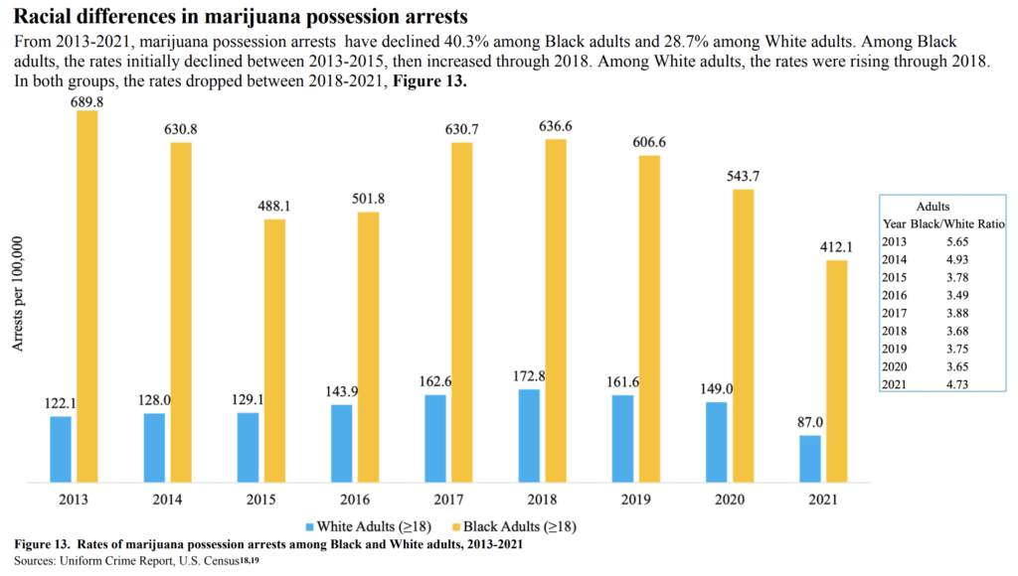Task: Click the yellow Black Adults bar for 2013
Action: [x=87, y=297]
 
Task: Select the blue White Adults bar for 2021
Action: [x=810, y=460]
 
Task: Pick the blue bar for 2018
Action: [x=530, y=437]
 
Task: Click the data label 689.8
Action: [x=87, y=100]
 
